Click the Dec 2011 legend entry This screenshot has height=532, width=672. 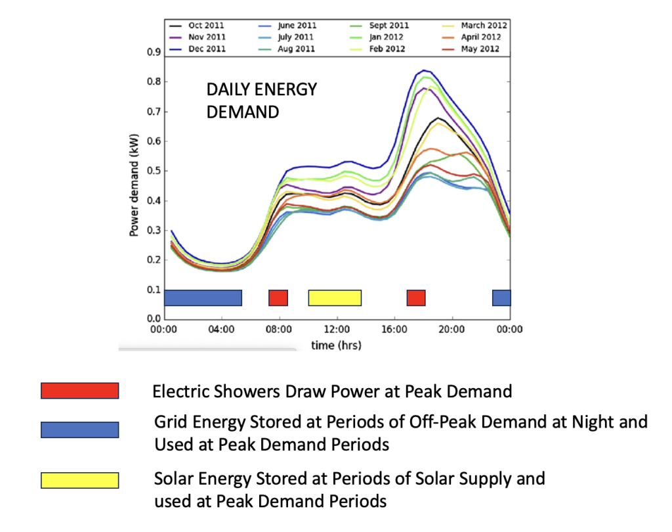coord(198,49)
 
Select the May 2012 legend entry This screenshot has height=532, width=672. coord(471,49)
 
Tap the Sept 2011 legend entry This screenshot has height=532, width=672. coord(379,26)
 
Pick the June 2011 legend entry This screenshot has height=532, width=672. coord(287,26)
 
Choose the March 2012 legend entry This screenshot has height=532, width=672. coord(474,26)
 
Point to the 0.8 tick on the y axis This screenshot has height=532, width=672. coord(154,81)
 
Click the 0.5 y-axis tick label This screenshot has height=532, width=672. coord(154,171)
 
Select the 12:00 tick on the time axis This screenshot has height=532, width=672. coord(337,330)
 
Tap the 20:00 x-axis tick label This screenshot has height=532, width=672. coord(451,330)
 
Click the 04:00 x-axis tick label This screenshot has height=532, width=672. coord(222,330)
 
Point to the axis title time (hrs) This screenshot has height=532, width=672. coord(337,345)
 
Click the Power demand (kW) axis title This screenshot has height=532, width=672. coord(134,185)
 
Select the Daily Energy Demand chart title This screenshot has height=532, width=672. coord(261,101)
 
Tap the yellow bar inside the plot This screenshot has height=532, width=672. coord(335,298)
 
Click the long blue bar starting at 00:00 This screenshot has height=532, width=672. coord(203,298)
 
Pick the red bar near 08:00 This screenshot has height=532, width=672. coord(278,298)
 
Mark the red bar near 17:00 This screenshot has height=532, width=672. coord(416,298)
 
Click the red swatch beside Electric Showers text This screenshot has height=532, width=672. coord(79,391)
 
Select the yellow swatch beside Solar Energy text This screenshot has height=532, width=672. coord(79,481)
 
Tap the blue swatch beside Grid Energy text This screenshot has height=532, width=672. coord(79,430)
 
